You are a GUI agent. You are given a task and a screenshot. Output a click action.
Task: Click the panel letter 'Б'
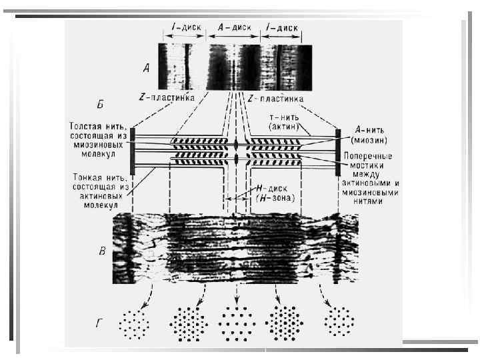(x=101, y=104)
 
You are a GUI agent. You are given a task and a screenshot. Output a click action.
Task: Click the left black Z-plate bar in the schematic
(x=133, y=151)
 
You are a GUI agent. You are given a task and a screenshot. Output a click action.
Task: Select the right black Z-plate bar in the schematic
(x=339, y=151)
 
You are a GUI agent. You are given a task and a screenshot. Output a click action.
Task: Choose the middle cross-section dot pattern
(x=236, y=323)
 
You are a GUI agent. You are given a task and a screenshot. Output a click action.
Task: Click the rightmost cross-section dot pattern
(x=339, y=323)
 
